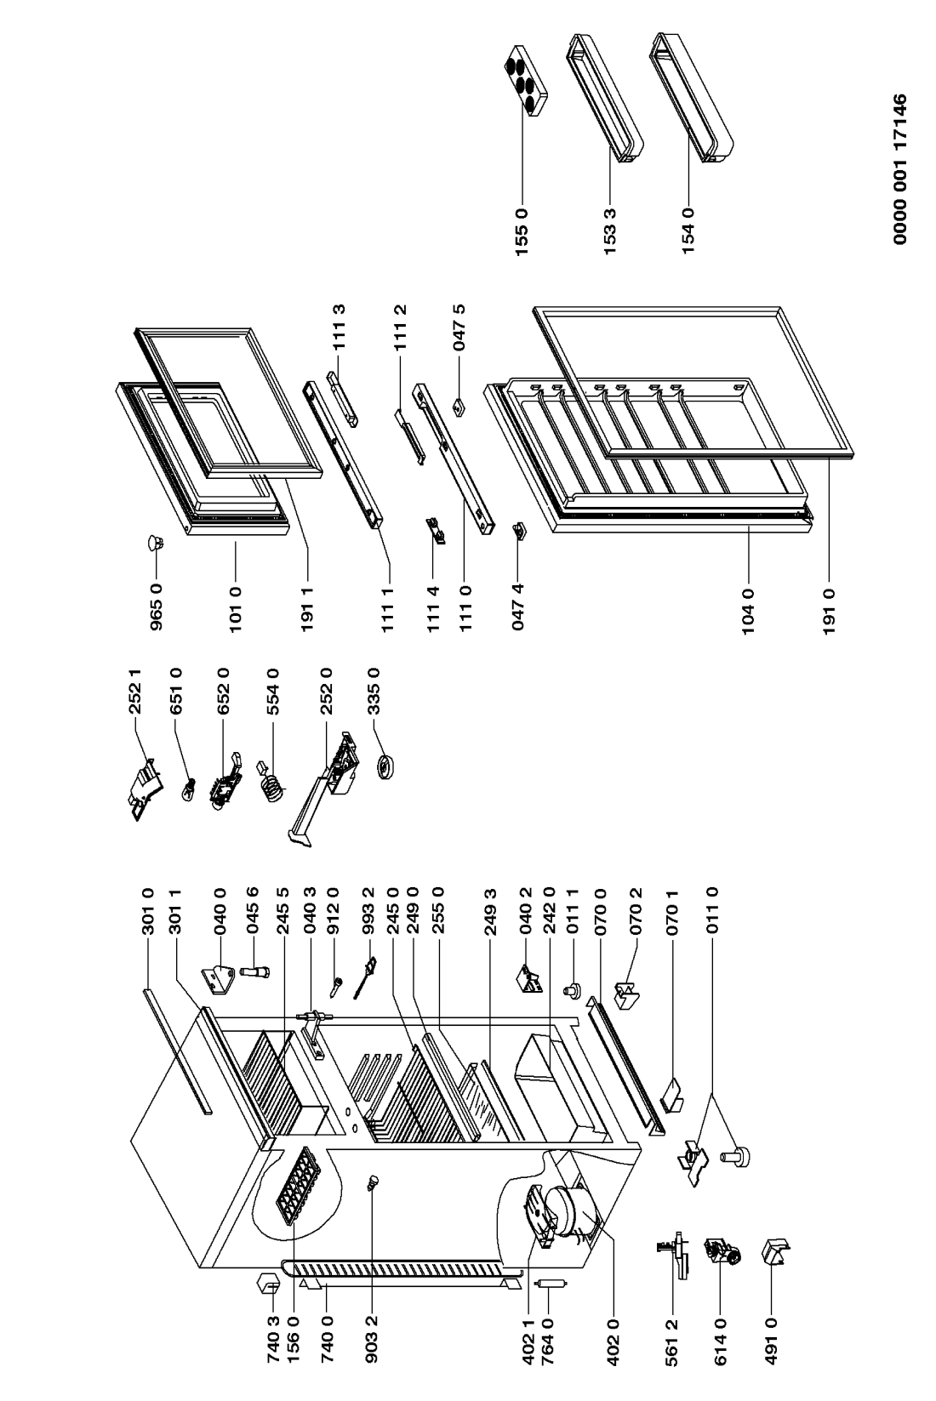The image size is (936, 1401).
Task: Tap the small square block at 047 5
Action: pyautogui.click(x=460, y=407)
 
